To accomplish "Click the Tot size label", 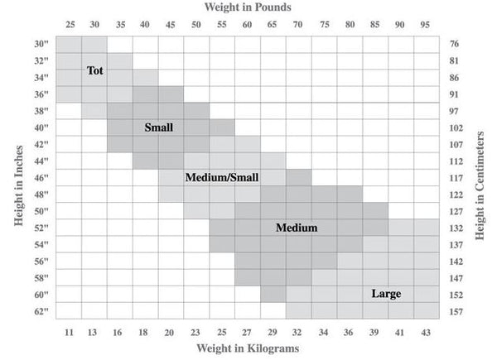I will tap(94, 71).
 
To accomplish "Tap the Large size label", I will tap(386, 294).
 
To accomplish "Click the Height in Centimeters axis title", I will tap(480, 179).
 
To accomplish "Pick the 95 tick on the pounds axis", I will tap(426, 24).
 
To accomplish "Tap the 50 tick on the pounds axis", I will tap(196, 24).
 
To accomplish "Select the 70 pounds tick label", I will tap(298, 24).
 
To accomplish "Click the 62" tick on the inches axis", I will tap(42, 312).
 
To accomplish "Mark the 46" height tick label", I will tap(42, 178).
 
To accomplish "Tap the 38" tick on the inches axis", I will tap(42, 111).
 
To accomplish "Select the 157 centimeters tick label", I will tap(456, 312).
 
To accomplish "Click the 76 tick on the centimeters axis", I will tap(455, 44).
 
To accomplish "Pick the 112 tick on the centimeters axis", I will tap(456, 161).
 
